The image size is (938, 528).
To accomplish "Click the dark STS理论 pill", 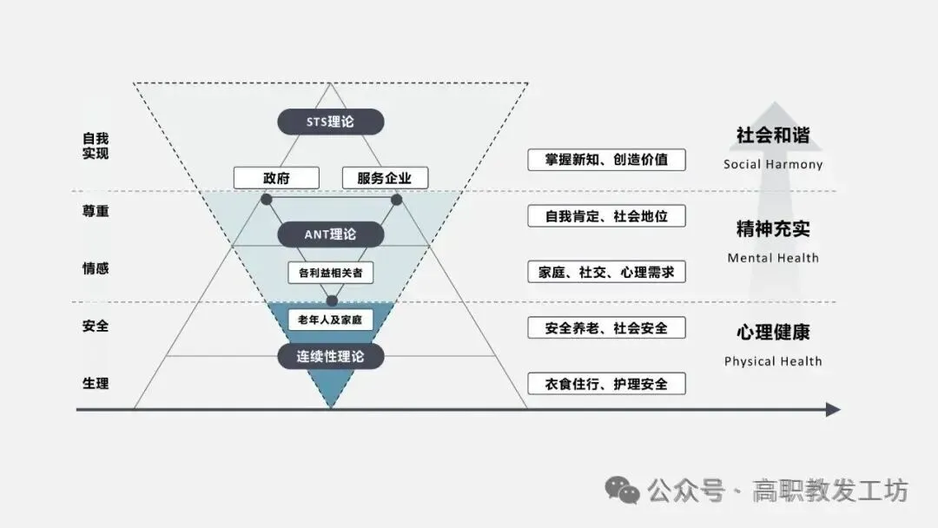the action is tap(330, 122).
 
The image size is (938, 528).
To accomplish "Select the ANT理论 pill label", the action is tap(330, 234).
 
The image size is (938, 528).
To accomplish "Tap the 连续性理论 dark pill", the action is tap(330, 355).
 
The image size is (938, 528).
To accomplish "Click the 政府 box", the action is tap(276, 178).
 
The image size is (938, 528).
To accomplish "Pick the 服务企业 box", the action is tap(386, 178).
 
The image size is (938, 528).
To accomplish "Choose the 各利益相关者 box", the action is tap(330, 273).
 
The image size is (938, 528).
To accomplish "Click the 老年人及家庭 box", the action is tap(330, 320).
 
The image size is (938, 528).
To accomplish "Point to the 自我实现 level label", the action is tap(96, 146).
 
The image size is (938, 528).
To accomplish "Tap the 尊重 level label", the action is tap(96, 211).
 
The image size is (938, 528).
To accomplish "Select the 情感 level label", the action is tap(96, 268).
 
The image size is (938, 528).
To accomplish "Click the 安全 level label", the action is tap(96, 327).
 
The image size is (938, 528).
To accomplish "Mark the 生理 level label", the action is tap(96, 383).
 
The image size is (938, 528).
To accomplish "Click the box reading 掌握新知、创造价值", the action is tap(606, 160).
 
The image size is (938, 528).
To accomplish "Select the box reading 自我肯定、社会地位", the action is tap(606, 215).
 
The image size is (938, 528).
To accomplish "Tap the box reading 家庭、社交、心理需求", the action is tap(606, 272).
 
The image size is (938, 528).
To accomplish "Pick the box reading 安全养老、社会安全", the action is tap(606, 327).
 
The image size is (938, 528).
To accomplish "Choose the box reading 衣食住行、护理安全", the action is tap(606, 383).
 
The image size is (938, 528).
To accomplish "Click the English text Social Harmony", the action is tap(772, 164).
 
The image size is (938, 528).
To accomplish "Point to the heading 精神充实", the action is tap(772, 229).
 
